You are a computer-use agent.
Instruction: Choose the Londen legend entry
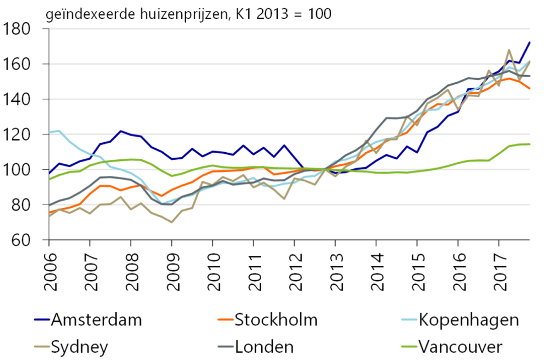click(264, 347)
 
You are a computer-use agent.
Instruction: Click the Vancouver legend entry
click(461, 347)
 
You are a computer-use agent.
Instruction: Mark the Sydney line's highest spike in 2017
click(509, 50)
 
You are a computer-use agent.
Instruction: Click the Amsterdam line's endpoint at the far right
click(530, 42)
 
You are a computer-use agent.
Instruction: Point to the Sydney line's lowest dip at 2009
click(171, 222)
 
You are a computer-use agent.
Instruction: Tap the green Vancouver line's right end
click(530, 144)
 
